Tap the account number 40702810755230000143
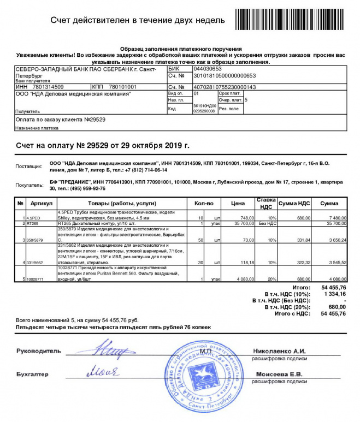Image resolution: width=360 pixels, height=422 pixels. [x=225, y=87]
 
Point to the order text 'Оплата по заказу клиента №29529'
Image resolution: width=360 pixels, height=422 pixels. [x=61, y=118]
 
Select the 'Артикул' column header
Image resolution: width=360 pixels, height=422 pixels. [x=41, y=203]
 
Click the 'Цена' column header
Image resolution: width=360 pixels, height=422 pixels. [x=238, y=203]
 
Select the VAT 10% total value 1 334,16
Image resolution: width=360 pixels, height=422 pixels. [x=334, y=294]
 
